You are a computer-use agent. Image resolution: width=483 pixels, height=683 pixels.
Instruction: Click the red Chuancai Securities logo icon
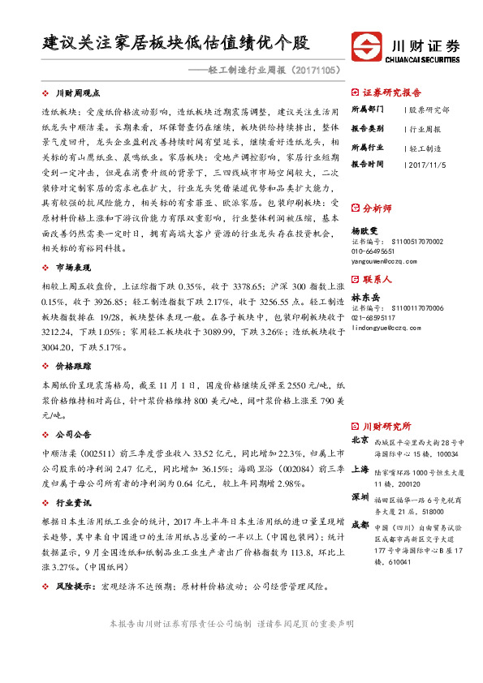363,45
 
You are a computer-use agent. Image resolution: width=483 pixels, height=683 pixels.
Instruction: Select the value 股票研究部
429,109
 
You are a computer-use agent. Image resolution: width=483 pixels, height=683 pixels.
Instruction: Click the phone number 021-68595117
378,319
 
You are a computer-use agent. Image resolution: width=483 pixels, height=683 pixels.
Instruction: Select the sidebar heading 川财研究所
386,426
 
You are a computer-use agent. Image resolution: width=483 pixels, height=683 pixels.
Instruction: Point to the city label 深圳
360,496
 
